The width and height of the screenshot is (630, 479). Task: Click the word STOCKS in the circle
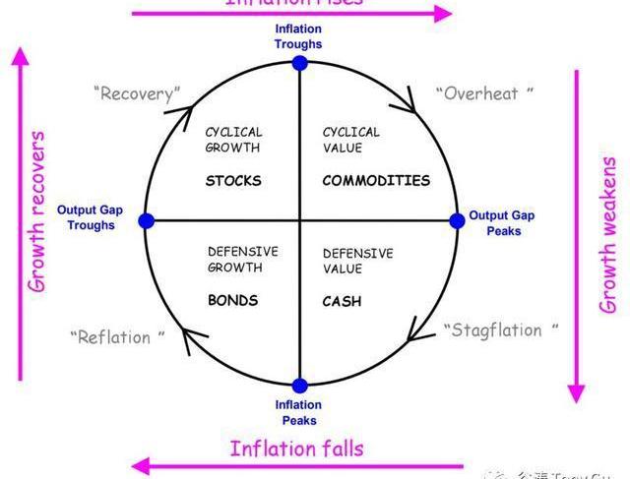pos(233,181)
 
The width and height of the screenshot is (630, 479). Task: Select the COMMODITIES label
pos(376,181)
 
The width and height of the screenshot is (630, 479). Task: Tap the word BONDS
pos(232,300)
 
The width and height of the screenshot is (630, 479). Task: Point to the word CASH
pos(342,301)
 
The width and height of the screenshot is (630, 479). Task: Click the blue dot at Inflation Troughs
pos(299,63)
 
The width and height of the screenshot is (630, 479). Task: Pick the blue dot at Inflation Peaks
pos(299,386)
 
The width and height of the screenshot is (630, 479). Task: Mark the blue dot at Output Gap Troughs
pos(147,221)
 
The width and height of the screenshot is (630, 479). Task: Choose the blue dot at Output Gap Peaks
pos(456,221)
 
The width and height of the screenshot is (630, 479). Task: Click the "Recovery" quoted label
pos(138,94)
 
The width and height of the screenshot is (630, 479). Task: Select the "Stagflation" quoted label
pos(500,330)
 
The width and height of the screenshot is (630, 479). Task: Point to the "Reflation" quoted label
pos(117,337)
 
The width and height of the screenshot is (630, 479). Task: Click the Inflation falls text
pos(296,449)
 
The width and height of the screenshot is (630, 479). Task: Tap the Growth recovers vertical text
pos(37,211)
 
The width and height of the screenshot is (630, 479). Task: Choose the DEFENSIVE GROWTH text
pos(242,260)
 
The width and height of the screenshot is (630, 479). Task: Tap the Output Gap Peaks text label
pos(501,223)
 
